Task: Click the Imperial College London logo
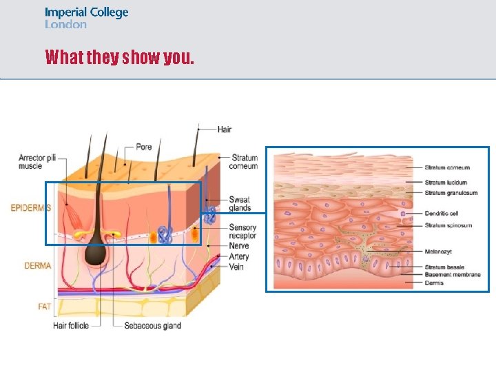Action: point(86,18)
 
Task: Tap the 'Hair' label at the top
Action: point(225,130)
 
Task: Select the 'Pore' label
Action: point(144,147)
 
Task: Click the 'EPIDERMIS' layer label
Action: point(31,207)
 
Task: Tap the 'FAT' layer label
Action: point(45,306)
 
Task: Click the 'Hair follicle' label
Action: point(71,326)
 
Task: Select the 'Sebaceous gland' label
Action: point(153,326)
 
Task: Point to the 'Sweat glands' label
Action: point(240,203)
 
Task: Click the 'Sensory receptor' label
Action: point(242,231)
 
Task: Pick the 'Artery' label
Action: point(239,257)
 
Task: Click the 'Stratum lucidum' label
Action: point(446,183)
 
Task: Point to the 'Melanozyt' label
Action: point(439,252)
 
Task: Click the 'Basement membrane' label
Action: point(453,275)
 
